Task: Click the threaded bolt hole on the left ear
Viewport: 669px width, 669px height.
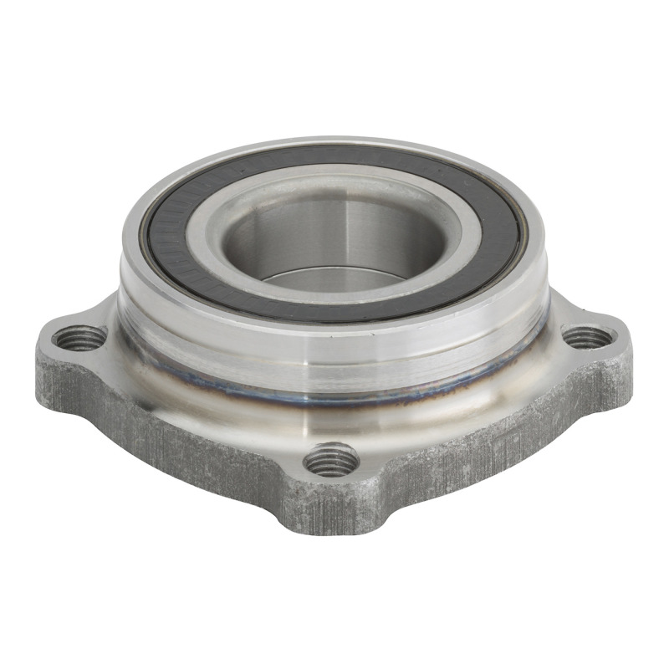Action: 79,339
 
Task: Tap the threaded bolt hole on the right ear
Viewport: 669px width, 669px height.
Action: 588,337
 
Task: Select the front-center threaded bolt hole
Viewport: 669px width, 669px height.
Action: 332,459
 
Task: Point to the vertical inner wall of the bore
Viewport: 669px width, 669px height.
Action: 334,226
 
